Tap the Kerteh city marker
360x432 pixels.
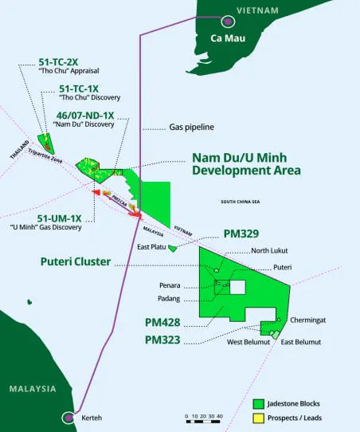(x=68, y=417)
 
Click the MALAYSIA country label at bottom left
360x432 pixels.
(x=33, y=389)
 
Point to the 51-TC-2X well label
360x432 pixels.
(x=58, y=61)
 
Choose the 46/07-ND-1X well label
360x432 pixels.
(x=85, y=116)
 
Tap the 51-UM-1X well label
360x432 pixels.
(x=59, y=218)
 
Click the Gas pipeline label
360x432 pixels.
(x=192, y=127)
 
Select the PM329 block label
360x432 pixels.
(x=241, y=235)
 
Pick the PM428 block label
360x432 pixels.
(x=162, y=323)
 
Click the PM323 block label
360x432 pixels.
(x=162, y=340)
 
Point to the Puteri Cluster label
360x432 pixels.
(x=76, y=261)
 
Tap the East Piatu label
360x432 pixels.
(x=152, y=248)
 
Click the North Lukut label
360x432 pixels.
(x=268, y=251)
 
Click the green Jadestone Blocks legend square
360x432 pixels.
(x=258, y=403)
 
